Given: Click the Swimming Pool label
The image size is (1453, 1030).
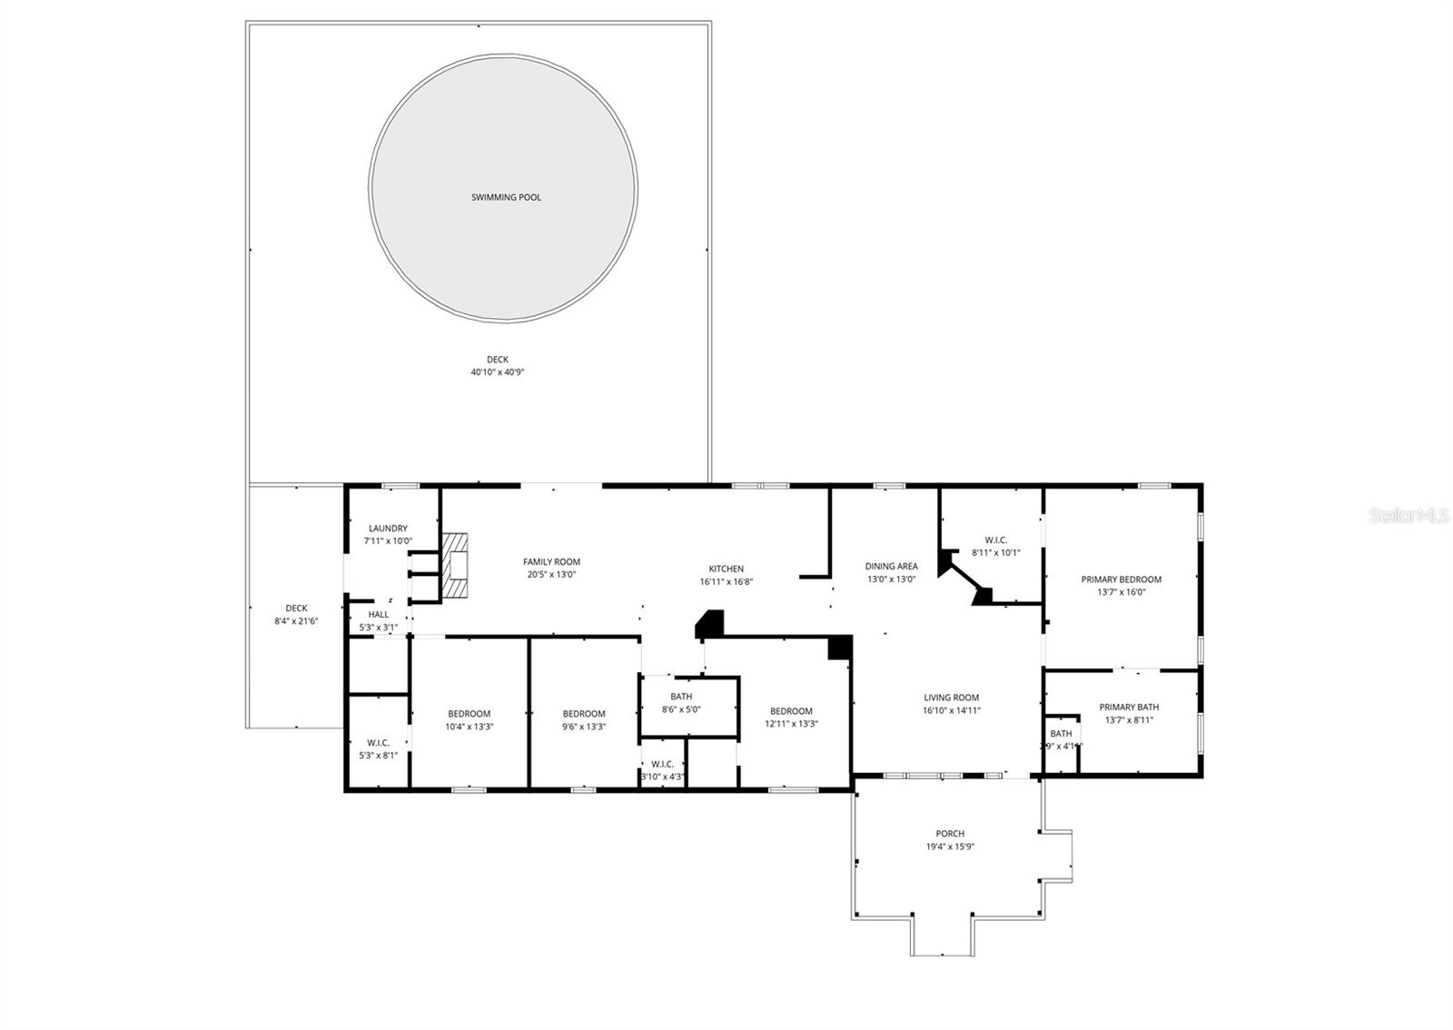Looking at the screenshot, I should (506, 197).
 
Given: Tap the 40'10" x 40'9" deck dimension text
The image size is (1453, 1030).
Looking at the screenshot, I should (498, 372).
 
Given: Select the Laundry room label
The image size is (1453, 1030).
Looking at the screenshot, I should (388, 529).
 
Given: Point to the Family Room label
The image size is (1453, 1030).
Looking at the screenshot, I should (551, 562).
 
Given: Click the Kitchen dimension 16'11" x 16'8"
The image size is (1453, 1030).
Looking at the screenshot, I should (726, 582).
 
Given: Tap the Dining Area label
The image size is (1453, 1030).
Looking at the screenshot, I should (891, 567).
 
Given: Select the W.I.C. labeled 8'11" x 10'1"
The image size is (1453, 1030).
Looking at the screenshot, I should (996, 546).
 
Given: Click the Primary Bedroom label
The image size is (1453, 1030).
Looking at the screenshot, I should (1121, 579).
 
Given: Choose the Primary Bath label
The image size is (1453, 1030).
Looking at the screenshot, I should (1129, 708).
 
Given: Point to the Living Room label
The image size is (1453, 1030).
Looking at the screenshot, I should (952, 698).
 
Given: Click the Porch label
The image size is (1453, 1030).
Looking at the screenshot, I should (950, 834).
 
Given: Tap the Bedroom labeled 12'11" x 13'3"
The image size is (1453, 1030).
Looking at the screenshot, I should (791, 717).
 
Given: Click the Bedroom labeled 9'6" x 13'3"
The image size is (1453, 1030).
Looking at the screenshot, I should (583, 719).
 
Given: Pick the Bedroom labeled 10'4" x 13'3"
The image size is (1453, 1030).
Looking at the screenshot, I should (469, 719).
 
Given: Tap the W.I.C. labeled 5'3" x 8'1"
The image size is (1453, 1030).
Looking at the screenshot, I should (379, 748).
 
